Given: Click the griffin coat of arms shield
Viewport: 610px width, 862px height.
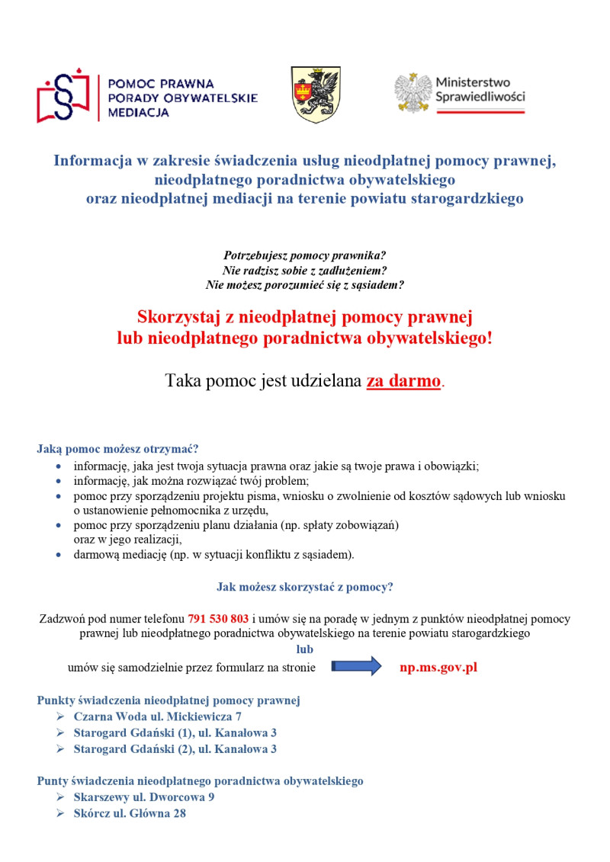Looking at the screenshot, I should click(316, 95).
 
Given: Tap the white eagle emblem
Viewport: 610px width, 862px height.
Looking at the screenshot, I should click(413, 93).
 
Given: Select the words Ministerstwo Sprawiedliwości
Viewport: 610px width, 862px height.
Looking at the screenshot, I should click(480, 90).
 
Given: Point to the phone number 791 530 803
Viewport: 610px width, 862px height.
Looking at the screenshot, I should click(218, 619).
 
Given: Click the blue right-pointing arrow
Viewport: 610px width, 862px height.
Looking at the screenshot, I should click(356, 667).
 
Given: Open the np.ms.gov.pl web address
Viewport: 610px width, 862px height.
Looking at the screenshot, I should click(438, 667).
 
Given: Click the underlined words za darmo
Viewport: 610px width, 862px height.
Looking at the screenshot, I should click(403, 381).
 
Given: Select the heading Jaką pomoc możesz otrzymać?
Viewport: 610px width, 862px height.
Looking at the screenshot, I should click(117, 448).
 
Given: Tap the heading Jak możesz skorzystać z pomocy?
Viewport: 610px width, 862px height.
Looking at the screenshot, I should click(304, 587).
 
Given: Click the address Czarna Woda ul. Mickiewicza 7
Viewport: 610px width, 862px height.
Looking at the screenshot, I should click(157, 716).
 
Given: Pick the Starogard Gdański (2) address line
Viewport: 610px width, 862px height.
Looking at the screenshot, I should click(175, 748).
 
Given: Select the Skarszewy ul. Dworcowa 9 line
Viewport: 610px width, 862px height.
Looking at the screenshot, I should click(144, 797).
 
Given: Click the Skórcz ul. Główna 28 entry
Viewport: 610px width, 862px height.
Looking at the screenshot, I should click(130, 813).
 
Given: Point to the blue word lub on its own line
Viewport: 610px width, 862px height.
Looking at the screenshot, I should click(305, 649).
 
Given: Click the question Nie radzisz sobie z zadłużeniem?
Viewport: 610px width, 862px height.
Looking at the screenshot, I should click(305, 270).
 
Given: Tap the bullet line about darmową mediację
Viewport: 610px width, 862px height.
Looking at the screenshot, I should click(213, 555).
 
